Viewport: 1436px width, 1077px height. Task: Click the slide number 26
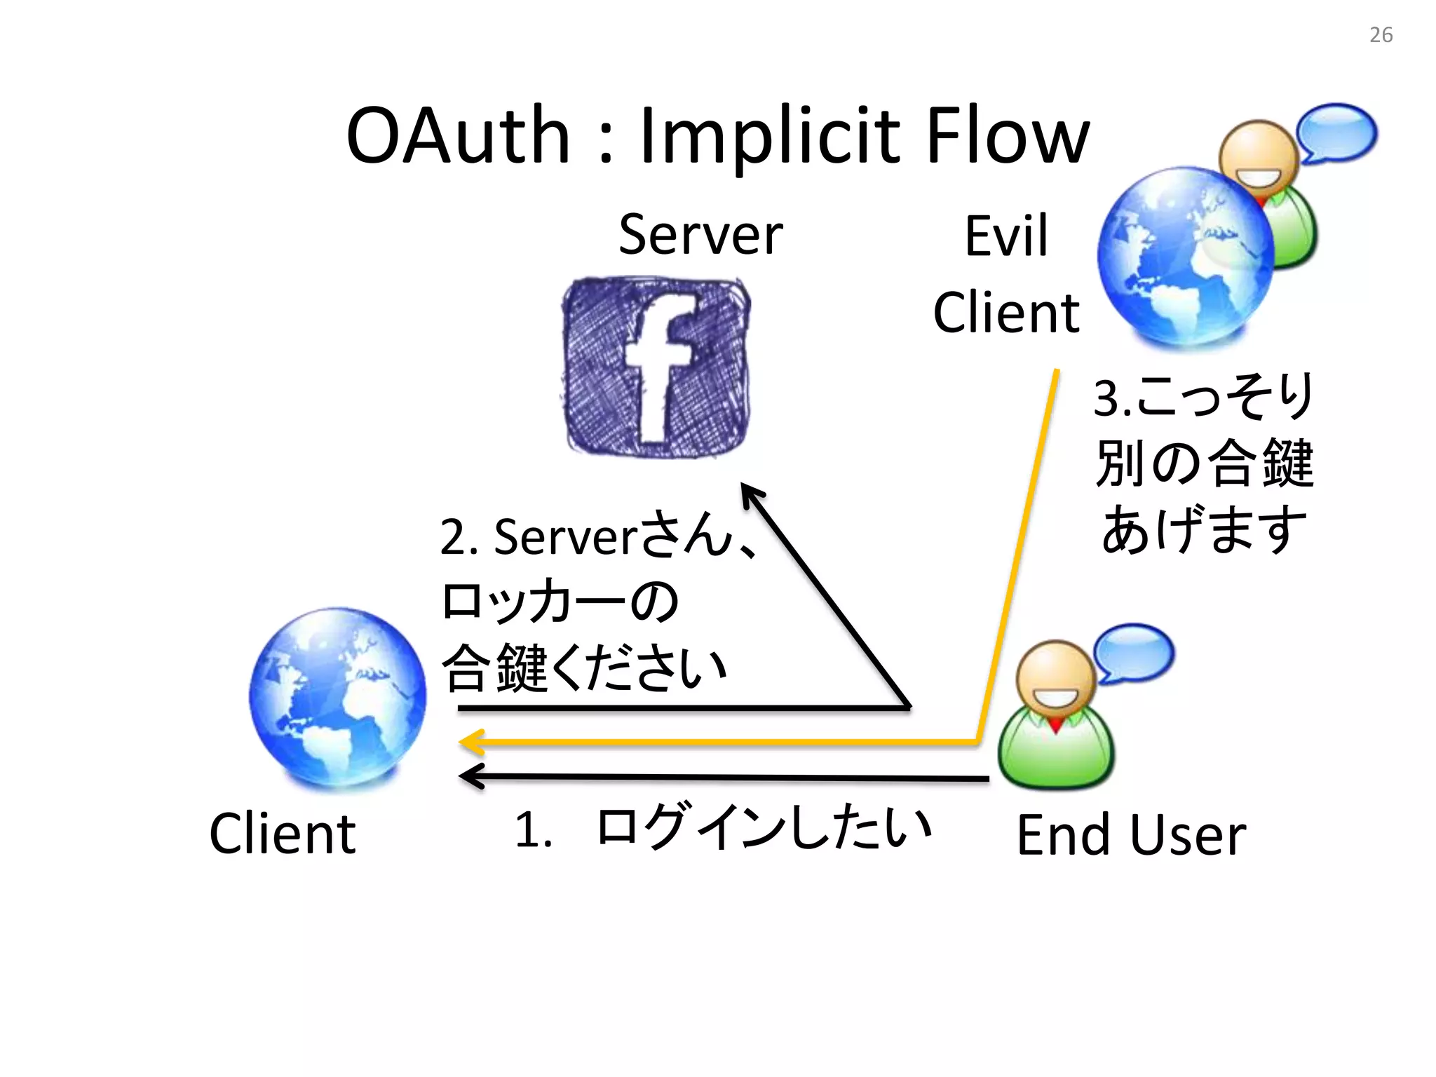[1381, 35]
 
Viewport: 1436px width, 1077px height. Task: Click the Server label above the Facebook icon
[700, 235]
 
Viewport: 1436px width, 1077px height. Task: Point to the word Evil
[1006, 236]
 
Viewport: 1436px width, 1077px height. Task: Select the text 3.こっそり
[1203, 397]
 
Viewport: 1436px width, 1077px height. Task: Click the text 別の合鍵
[1205, 463]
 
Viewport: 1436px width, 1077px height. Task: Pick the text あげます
[1203, 529]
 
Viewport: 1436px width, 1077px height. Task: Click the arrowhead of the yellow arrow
[471, 742]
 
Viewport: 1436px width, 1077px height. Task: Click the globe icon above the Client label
[337, 697]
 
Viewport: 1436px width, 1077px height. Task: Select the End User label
[1131, 835]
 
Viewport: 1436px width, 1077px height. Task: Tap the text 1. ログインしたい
[722, 828]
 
